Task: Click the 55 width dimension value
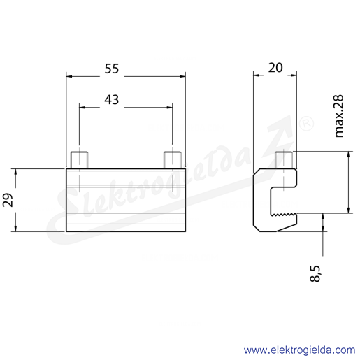point(112,69)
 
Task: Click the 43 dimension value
point(112,100)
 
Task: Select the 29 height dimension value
point(8,200)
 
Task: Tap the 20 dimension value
point(275,68)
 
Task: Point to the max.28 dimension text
point(339,116)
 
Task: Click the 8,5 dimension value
point(315,273)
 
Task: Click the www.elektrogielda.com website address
point(299,350)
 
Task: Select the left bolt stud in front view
point(80,159)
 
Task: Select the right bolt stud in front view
point(173,159)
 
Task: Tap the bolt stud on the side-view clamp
point(284,159)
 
